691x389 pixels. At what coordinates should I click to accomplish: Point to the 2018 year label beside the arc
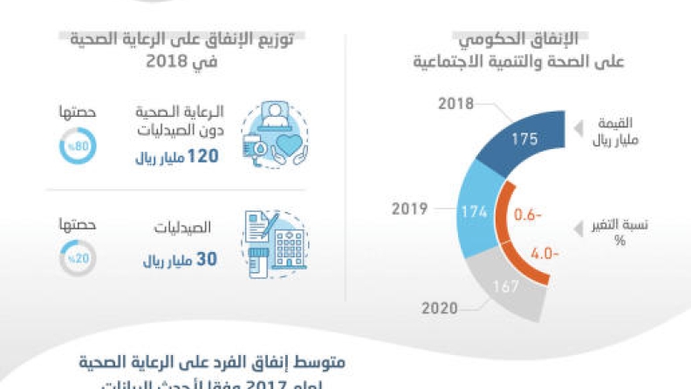point(455,104)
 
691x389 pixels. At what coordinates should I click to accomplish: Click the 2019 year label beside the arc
point(409,209)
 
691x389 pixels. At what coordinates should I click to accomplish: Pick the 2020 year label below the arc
point(440,307)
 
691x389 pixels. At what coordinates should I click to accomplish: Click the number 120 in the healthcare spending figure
point(201,156)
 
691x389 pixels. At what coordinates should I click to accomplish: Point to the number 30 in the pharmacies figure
point(208,260)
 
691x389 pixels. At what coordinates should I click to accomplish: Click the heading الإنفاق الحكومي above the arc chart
point(523,40)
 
